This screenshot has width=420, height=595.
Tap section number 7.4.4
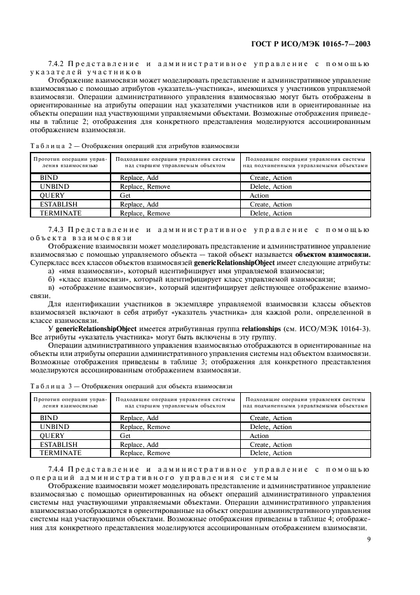click(x=57, y=469)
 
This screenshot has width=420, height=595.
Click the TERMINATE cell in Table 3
click(x=60, y=453)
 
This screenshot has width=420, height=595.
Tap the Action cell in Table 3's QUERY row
click(x=259, y=436)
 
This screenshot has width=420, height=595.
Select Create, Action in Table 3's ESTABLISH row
click(x=271, y=445)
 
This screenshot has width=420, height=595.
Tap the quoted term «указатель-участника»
click(x=191, y=90)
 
